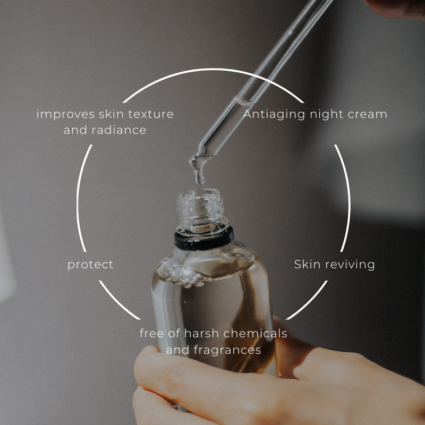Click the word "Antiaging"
click(x=274, y=115)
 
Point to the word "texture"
click(x=151, y=114)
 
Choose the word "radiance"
click(x=119, y=130)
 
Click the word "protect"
click(x=90, y=265)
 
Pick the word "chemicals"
click(x=255, y=334)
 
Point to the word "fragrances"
click(x=227, y=350)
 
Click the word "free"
click(x=151, y=334)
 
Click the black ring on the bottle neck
click(x=204, y=239)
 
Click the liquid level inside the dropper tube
click(x=244, y=102)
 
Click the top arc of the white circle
click(x=213, y=70)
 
